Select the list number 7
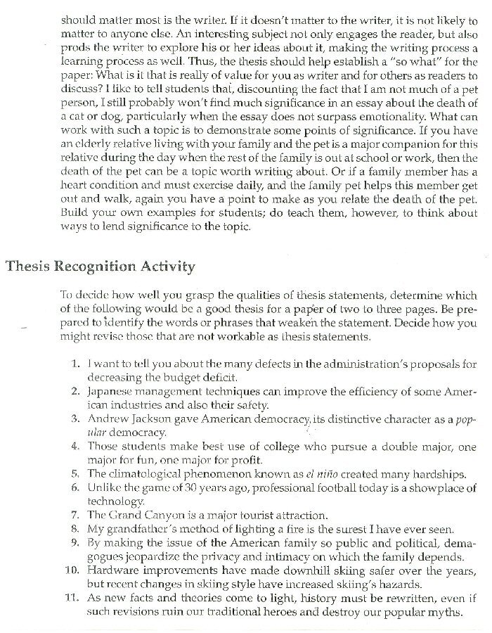tap(76, 515)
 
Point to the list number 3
tap(76, 419)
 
